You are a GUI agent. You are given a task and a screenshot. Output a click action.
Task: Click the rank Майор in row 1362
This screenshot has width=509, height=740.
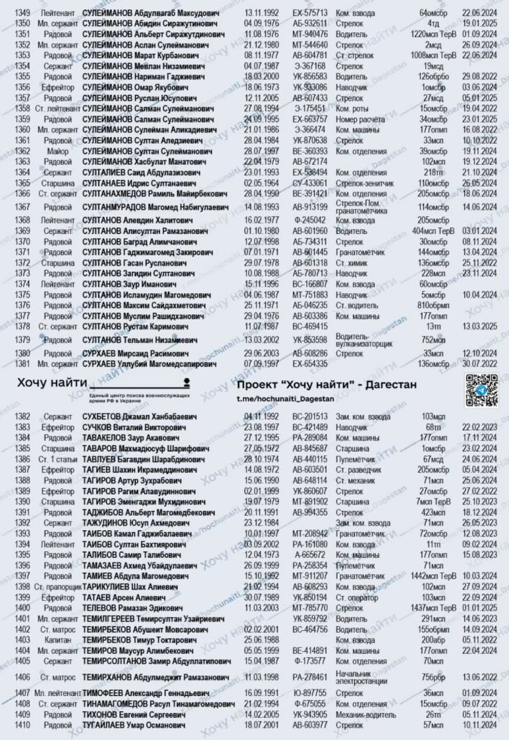point(58,150)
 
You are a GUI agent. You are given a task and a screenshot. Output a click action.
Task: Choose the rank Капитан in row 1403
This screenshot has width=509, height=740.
point(57,640)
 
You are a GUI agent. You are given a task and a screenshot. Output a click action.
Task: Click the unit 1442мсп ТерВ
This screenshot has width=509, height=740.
point(434,576)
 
